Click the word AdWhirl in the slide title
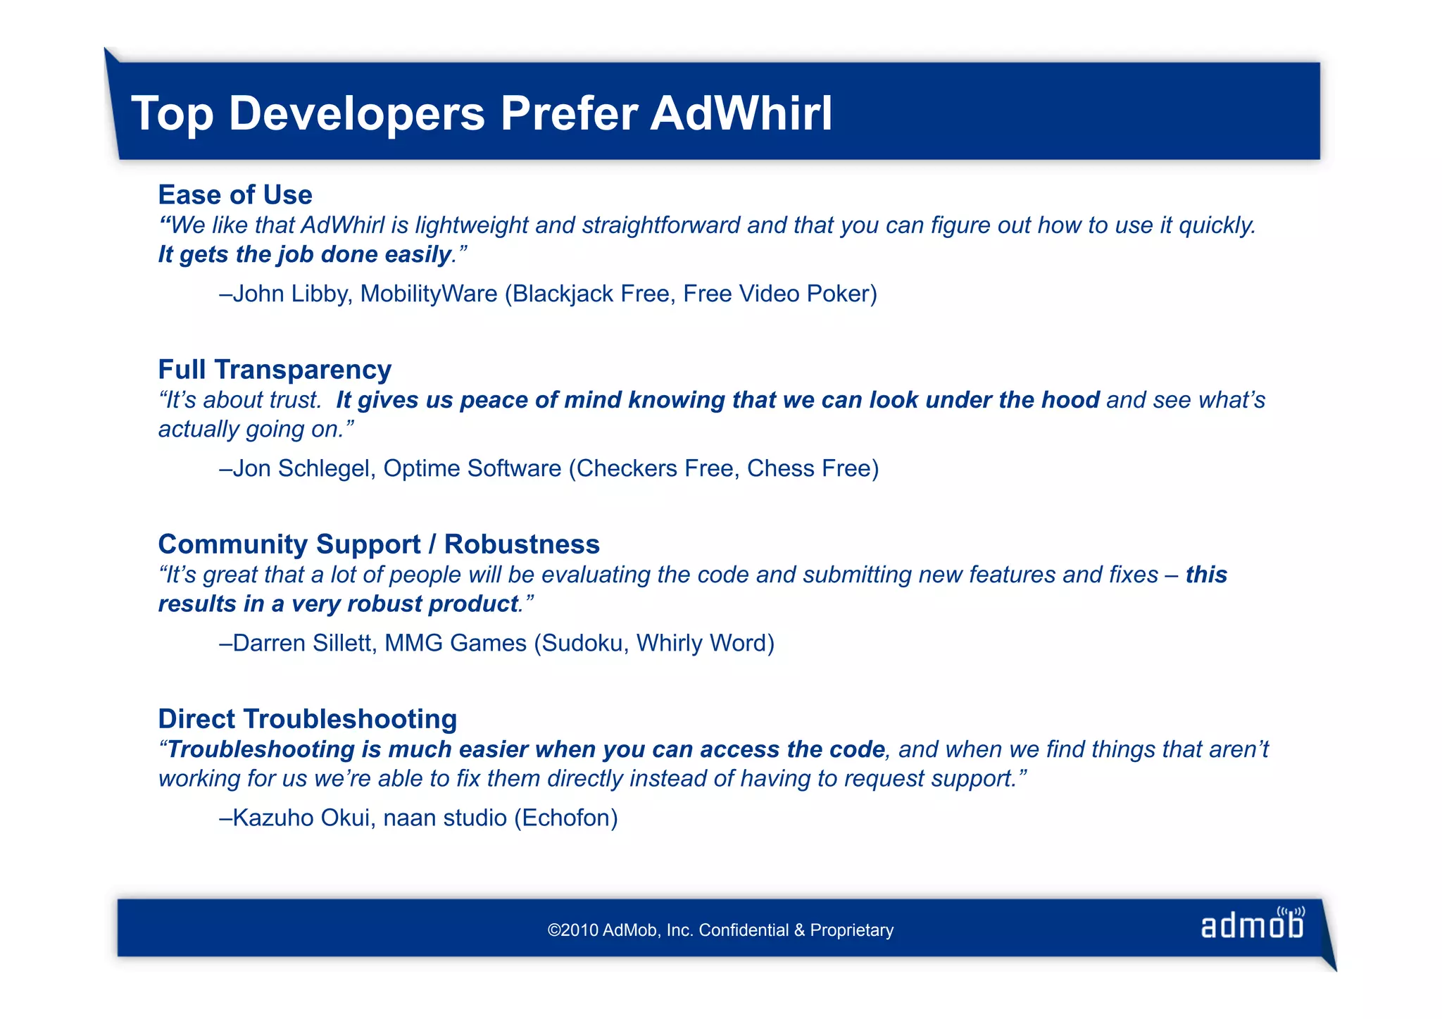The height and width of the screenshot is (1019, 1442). pos(741,113)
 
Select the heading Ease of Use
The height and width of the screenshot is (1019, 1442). pos(235,194)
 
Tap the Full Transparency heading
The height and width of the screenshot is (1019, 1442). pos(275,369)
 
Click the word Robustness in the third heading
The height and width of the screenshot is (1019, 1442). pos(522,544)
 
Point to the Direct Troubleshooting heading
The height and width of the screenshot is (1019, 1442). pos(308,718)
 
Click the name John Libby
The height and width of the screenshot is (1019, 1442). pos(289,293)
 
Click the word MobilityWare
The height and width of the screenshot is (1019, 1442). pos(429,293)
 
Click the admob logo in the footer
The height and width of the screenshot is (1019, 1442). pos(1252,924)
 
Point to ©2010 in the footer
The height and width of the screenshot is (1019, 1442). pos(573,930)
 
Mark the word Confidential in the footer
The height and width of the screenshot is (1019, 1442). pos(744,930)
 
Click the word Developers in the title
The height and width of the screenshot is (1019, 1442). pos(357,113)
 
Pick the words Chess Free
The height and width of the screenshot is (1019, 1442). pos(810,468)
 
